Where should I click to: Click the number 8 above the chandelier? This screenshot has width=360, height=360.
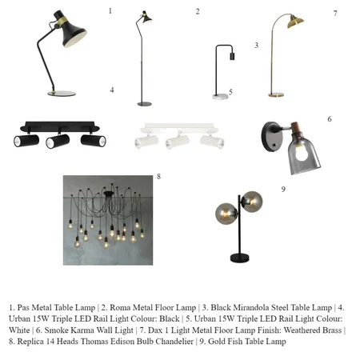(x=158, y=176)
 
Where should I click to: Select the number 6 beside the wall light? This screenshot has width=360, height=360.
(x=329, y=119)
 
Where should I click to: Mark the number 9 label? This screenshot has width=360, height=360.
(x=282, y=189)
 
